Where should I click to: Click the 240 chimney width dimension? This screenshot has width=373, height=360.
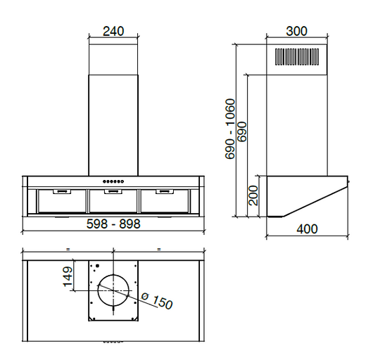tap(113, 31)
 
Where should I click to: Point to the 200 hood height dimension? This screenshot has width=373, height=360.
tap(253, 195)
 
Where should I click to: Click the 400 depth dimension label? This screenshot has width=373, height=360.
tap(307, 229)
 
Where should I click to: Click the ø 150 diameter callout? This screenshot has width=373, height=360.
tap(156, 302)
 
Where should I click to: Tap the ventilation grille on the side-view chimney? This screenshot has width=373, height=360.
tap(298, 58)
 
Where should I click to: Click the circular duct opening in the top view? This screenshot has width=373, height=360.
tap(113, 290)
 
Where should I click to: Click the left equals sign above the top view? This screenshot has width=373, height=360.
tap(68, 249)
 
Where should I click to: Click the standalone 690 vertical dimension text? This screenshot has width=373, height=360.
tap(243, 132)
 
